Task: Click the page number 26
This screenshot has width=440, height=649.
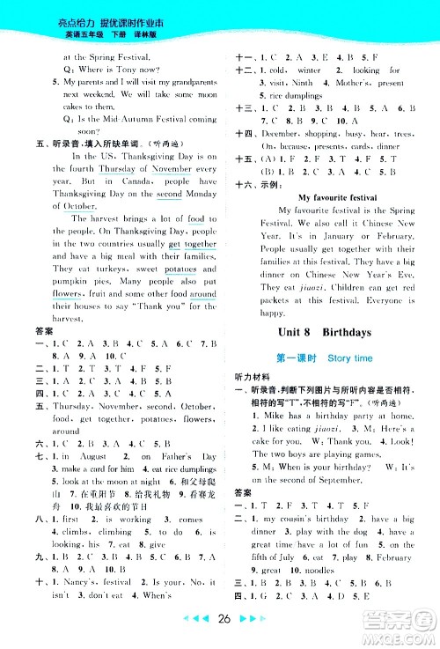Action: [x=220, y=631]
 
